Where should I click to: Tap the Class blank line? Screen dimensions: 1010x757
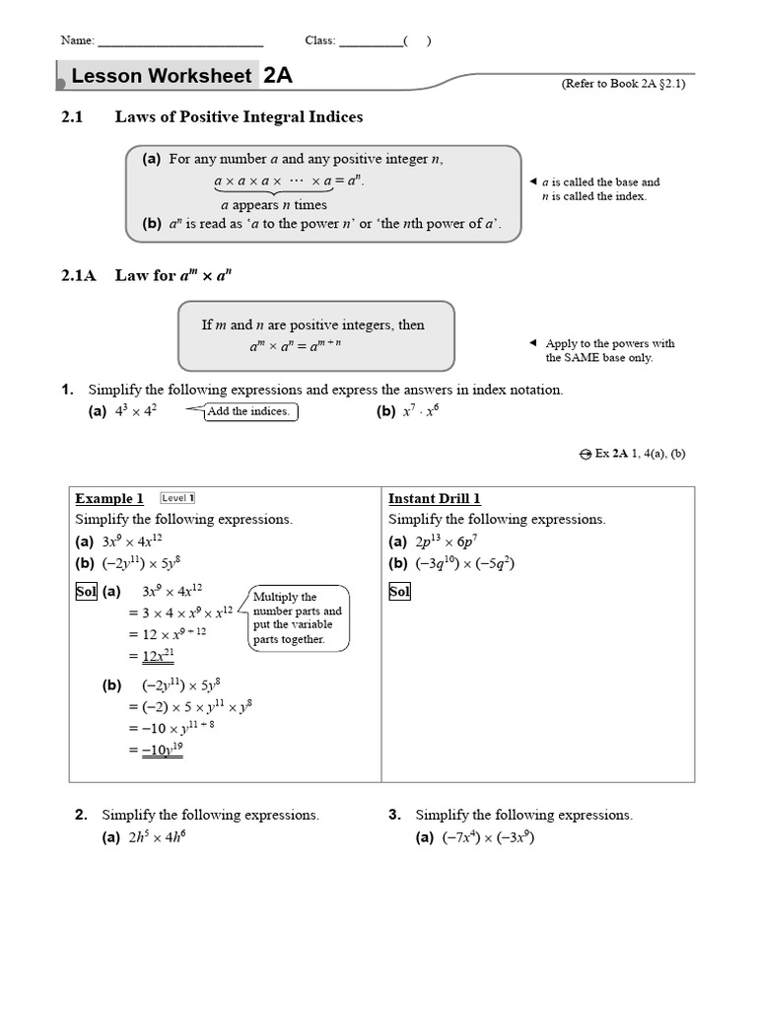point(371,43)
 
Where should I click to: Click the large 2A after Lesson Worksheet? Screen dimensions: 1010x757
point(277,76)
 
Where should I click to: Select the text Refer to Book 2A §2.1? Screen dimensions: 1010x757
point(623,84)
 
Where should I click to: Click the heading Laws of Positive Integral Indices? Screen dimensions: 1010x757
point(239,117)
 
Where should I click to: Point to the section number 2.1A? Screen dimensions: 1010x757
point(79,276)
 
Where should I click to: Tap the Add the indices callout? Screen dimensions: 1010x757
point(248,411)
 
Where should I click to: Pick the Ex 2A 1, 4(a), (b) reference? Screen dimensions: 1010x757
point(632,454)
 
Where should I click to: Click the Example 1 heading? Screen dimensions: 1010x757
point(109,499)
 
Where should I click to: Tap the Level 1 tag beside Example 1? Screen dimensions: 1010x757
point(177,498)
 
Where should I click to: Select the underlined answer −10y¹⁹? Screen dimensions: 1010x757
point(162,750)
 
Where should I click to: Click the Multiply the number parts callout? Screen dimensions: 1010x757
point(300,618)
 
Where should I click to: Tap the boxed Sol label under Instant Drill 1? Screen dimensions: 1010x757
point(399,592)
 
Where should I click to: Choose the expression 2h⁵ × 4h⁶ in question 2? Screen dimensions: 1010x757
point(157,838)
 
